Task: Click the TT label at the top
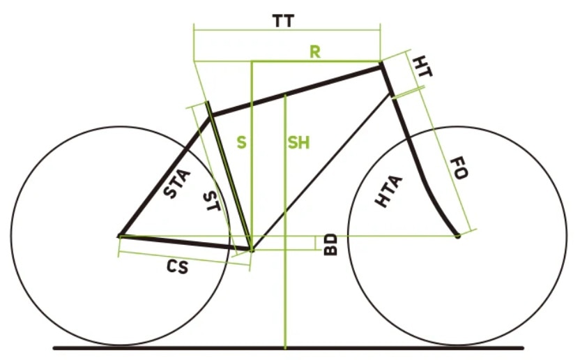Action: tap(283, 21)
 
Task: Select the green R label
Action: tap(315, 52)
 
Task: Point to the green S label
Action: tap(241, 142)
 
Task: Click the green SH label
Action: tap(298, 142)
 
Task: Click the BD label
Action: tap(331, 244)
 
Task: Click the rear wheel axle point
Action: tap(119, 237)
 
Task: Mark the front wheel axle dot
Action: tap(458, 237)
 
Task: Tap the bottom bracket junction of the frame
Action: tap(250, 248)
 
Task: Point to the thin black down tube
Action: tap(321, 170)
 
